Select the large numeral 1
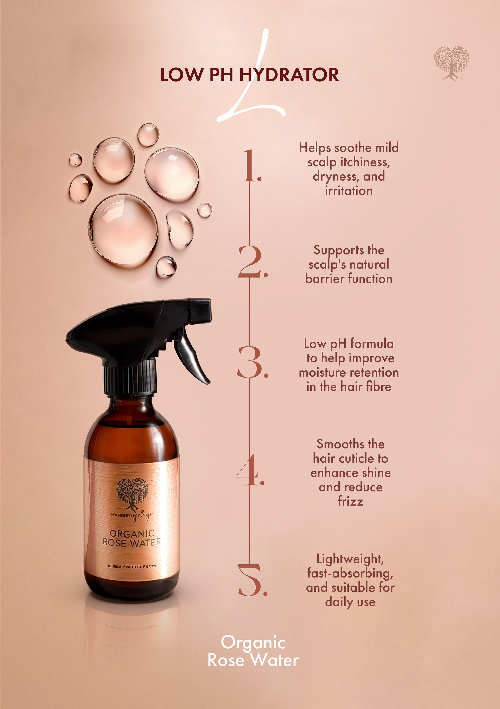(252, 166)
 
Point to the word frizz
(350, 501)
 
